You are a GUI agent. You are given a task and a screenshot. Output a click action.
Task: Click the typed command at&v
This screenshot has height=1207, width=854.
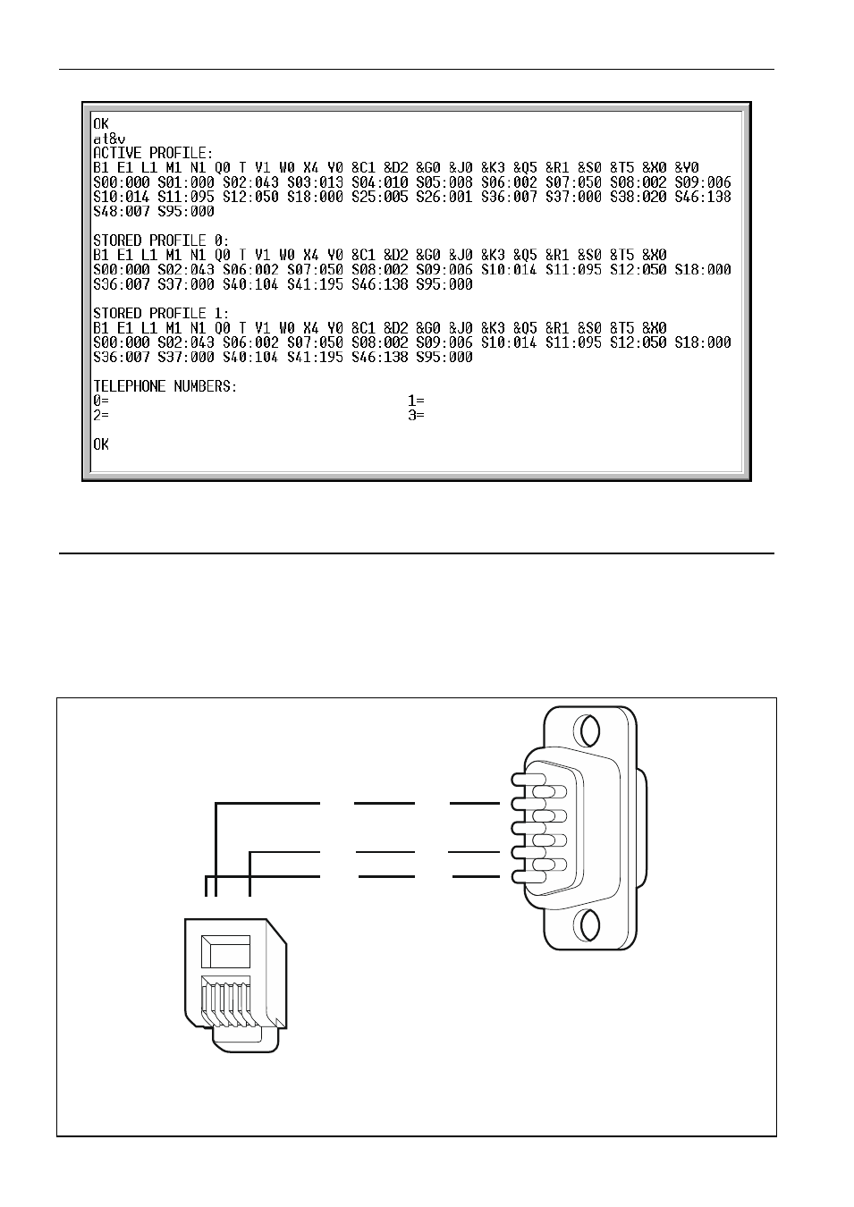coord(109,139)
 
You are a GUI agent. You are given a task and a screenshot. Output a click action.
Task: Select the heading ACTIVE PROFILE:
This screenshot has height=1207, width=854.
coord(153,153)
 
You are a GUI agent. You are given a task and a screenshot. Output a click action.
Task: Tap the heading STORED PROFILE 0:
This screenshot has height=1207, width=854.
coord(161,241)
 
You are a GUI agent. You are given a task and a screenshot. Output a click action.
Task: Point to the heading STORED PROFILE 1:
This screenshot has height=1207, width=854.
coord(161,313)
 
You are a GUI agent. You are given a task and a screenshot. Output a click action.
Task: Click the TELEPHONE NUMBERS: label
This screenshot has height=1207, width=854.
coord(165,386)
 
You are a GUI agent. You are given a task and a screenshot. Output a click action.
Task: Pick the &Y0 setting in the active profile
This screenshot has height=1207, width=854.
coord(687,167)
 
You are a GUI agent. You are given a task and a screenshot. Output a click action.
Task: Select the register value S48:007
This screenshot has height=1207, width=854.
coord(122,211)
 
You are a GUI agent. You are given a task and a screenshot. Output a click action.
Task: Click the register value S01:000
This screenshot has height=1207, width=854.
coord(186,182)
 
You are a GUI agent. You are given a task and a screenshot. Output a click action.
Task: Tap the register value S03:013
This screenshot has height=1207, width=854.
coord(315,182)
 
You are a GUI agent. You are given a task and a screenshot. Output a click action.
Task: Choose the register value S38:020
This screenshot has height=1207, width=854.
coord(638,197)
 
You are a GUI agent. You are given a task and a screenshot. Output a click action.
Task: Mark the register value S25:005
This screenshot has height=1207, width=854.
coord(380,197)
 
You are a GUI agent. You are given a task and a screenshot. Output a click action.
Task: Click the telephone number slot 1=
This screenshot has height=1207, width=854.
coord(416,401)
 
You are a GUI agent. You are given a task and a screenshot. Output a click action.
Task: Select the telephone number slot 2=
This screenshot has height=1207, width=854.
coord(101,415)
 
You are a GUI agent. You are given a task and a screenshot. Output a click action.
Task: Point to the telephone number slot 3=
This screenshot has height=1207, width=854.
coord(416,415)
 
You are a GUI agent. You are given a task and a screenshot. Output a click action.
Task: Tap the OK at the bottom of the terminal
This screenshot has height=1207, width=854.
coord(101,444)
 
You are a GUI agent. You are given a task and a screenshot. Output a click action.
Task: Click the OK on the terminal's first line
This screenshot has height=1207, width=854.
coord(101,124)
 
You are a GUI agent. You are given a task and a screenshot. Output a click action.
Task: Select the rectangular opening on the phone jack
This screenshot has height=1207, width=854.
coord(225,952)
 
